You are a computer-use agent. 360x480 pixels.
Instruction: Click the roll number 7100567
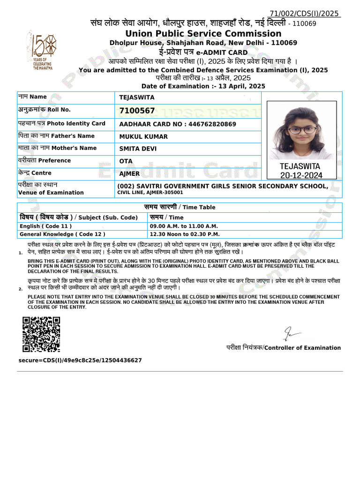click(x=137, y=111)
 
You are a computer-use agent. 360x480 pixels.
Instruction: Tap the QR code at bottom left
click(x=41, y=334)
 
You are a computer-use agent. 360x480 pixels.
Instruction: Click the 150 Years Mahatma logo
click(x=43, y=52)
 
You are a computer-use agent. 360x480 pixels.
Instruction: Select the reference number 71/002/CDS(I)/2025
click(x=304, y=14)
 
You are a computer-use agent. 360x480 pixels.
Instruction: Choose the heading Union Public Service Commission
click(x=203, y=34)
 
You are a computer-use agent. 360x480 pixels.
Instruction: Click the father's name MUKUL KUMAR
click(x=143, y=137)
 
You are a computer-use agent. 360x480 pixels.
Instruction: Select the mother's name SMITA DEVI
click(x=138, y=149)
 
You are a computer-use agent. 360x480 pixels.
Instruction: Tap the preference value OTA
click(x=126, y=161)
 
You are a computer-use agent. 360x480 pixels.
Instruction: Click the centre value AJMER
click(x=129, y=173)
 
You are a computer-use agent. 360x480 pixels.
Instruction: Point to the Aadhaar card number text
click(x=178, y=124)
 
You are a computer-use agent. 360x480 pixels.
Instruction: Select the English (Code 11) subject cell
click(x=45, y=226)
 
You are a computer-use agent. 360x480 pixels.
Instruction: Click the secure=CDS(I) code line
click(x=80, y=360)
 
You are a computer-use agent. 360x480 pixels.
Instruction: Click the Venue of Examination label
click(x=51, y=192)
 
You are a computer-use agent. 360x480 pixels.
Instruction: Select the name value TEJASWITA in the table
click(x=136, y=97)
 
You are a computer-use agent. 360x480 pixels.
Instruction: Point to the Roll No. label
click(x=44, y=110)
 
